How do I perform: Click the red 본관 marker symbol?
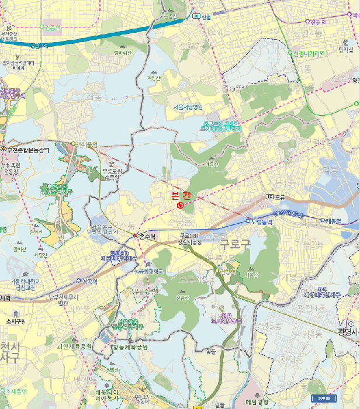pos(180,204)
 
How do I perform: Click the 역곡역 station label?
pos(88,280)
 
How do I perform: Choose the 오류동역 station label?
pos(262,221)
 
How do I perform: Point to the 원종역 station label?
pos(51,27)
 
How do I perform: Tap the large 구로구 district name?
pos(234,244)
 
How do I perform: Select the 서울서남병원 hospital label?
pos(188,108)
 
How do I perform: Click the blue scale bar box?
pos(323,398)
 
